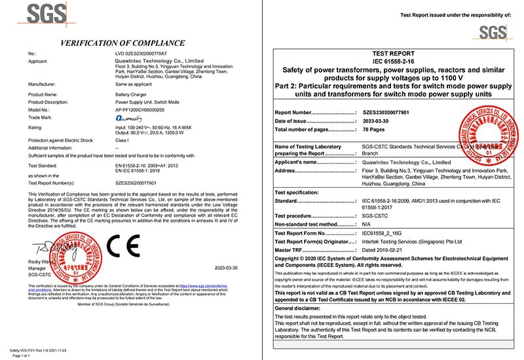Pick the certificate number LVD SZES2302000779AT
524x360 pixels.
140,52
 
